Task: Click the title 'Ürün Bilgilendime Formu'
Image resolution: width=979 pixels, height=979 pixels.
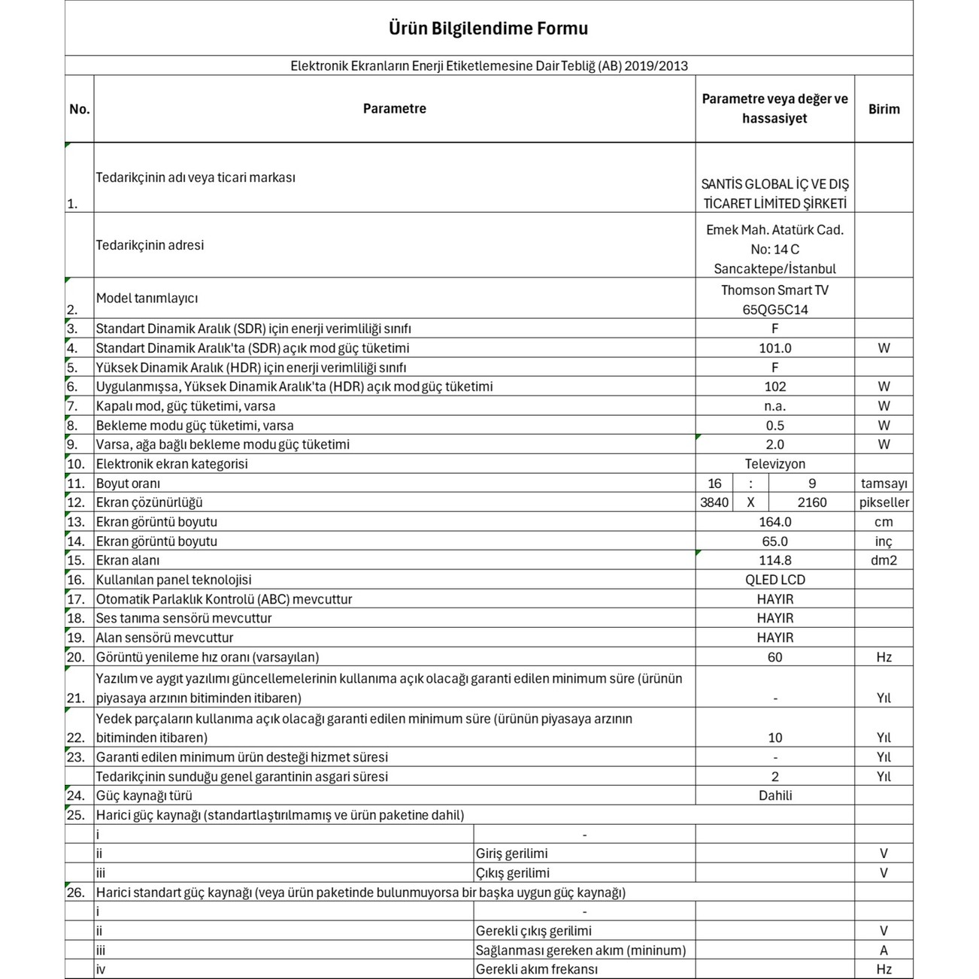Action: tap(488, 29)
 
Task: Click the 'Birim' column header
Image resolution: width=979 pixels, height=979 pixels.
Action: tap(884, 109)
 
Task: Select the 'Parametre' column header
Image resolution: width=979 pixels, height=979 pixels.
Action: tap(394, 109)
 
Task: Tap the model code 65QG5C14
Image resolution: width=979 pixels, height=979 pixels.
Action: tap(774, 310)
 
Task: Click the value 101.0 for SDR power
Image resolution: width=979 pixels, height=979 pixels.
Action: tap(774, 348)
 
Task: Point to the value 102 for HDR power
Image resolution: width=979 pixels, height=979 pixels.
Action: tap(774, 386)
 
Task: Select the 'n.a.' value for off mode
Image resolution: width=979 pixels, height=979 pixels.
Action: tap(774, 406)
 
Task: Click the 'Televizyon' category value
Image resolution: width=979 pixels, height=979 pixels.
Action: tap(774, 464)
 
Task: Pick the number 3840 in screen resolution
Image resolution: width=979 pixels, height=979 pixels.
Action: tap(714, 502)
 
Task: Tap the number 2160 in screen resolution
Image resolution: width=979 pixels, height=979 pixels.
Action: tap(811, 502)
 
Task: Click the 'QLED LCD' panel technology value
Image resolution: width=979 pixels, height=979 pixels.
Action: tap(774, 580)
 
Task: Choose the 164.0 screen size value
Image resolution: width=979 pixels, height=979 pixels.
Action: tap(774, 522)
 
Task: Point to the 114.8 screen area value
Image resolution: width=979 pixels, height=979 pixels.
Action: tap(774, 560)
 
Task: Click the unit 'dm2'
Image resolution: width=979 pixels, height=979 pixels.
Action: tap(884, 560)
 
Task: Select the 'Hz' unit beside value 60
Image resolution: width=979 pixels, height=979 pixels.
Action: tap(884, 657)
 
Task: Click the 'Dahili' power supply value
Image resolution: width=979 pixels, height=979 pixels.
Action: tap(774, 796)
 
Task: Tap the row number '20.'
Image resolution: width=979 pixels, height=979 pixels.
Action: tap(76, 657)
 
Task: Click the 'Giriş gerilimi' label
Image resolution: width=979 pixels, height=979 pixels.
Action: tap(511, 853)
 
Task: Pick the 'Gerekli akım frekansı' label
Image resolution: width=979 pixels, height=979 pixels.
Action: tap(536, 969)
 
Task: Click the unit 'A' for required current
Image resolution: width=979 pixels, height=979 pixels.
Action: tap(884, 950)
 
